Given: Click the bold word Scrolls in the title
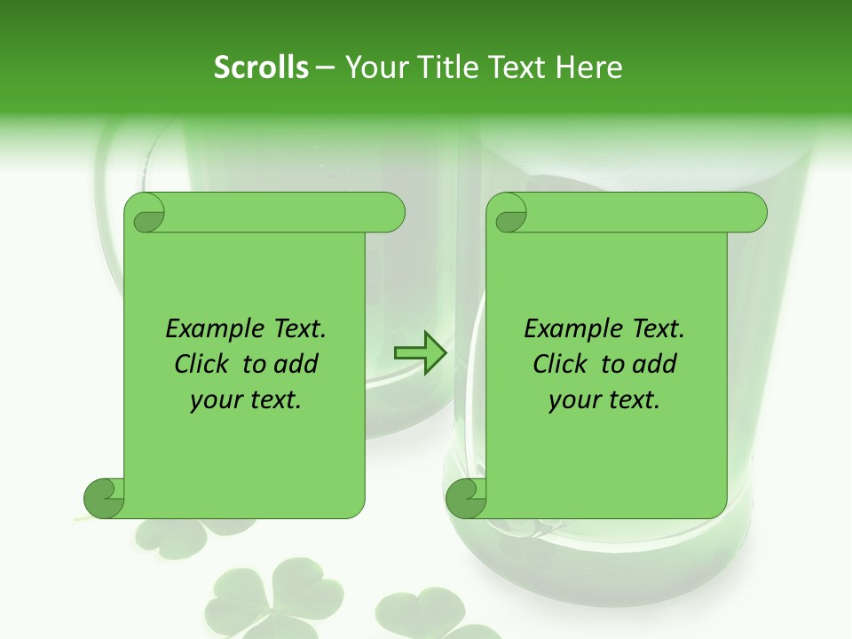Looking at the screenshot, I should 261,67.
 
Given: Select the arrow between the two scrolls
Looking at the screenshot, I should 420,353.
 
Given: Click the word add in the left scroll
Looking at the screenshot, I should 296,365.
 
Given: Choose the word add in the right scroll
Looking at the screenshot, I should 654,365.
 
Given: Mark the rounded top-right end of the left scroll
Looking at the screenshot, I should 390,213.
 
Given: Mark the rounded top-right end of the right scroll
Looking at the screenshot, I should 753,213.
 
